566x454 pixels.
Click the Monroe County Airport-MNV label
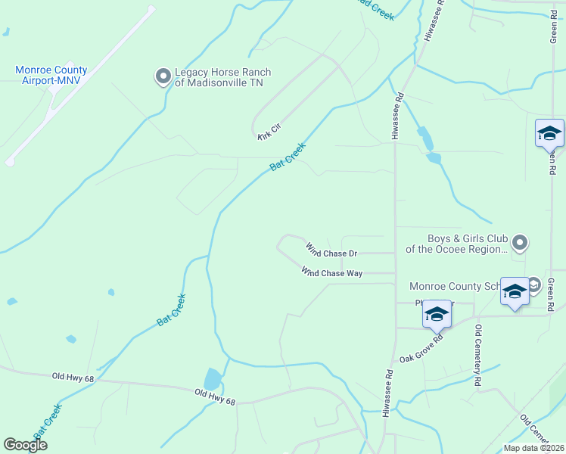coord(51,75)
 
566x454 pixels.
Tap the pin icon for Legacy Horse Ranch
coord(163,76)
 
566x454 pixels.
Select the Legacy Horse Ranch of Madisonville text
coord(222,77)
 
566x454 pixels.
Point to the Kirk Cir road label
coord(268,134)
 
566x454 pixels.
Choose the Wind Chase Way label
coord(331,272)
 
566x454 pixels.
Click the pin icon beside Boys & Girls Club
coord(519,243)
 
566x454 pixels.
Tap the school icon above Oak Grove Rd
coord(437,314)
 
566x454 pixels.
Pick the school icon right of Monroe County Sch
coord(515,291)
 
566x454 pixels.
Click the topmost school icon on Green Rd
coord(549,135)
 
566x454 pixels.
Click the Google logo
coord(26,445)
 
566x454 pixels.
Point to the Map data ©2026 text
coord(534,448)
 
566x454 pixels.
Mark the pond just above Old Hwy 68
coord(213,378)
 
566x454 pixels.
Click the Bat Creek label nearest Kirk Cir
coord(288,157)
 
